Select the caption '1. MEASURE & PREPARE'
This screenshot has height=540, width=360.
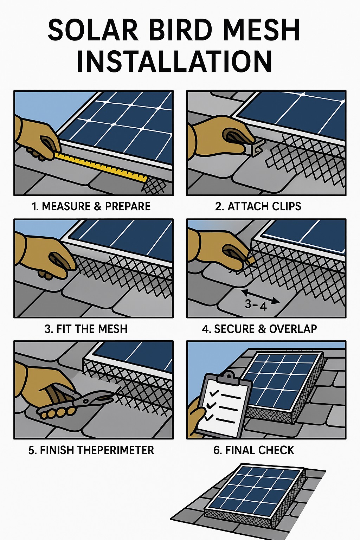[91, 206]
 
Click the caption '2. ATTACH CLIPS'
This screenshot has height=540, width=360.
[258, 206]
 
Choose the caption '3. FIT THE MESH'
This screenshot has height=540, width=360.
[86, 329]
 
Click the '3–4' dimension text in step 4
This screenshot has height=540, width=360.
[256, 305]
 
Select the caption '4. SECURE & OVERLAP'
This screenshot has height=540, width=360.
[259, 329]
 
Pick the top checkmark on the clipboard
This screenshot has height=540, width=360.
[213, 392]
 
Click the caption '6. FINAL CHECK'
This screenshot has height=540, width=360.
[253, 450]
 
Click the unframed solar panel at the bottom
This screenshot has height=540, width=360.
[255, 496]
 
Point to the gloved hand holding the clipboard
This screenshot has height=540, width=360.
[196, 418]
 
